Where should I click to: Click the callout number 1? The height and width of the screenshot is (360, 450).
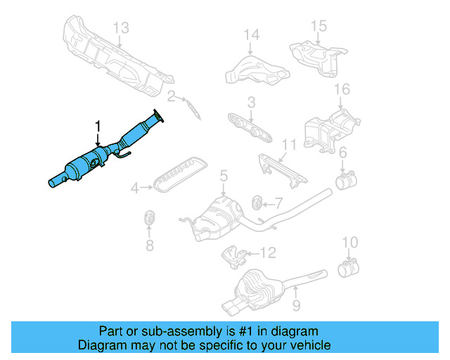click(98, 127)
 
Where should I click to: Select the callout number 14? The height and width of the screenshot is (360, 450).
click(252, 34)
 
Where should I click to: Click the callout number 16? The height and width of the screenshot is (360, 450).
click(341, 89)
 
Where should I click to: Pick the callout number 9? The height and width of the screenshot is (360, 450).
click(296, 305)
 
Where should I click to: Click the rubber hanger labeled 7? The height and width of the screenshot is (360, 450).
click(257, 204)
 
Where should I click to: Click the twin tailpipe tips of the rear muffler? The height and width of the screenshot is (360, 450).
click(234, 307)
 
